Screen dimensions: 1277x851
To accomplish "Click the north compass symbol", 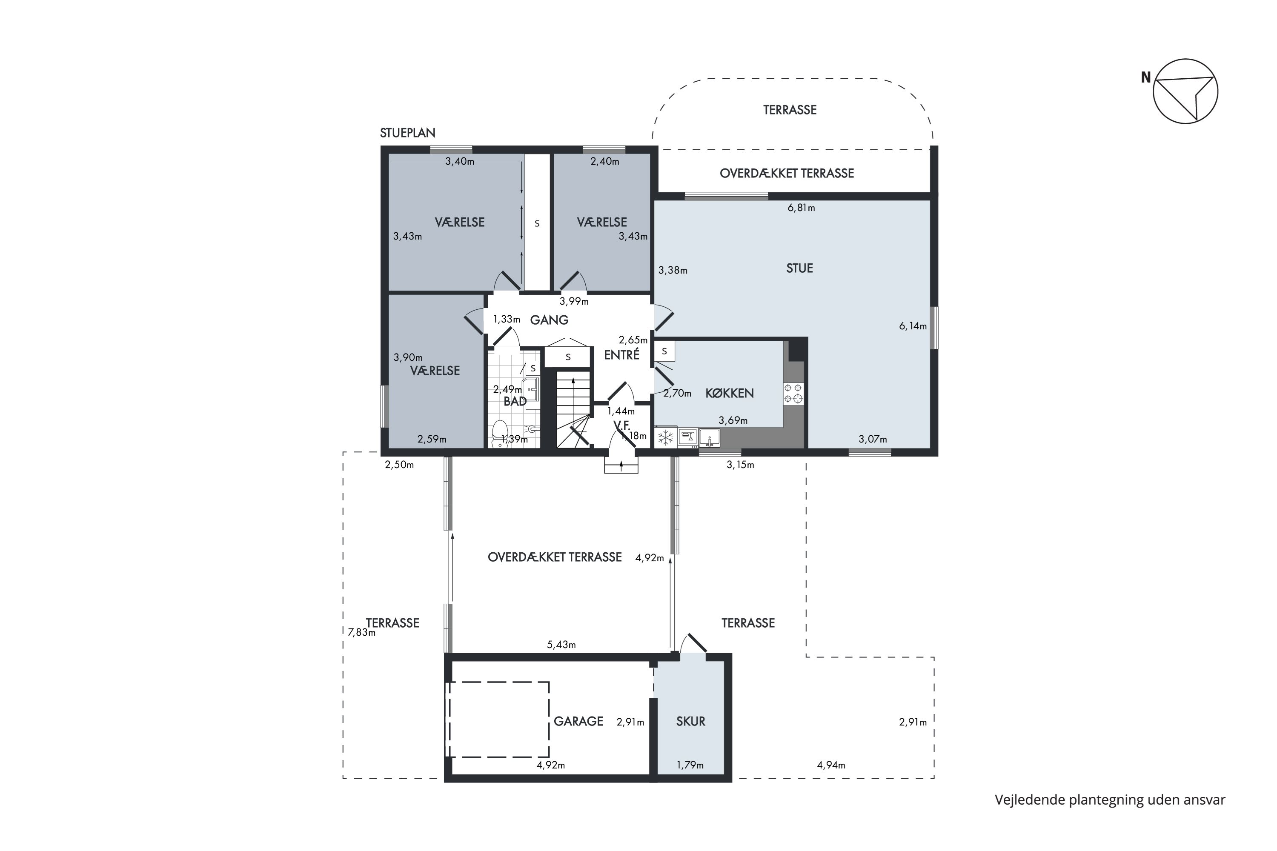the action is pos(1185,91).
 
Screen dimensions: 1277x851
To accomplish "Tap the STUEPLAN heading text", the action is pos(407,133).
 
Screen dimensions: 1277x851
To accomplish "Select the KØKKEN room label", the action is pos(729,393).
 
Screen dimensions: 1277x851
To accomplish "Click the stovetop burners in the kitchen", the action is pos(793,394).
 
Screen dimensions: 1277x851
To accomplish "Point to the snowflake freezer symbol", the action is pos(665,437).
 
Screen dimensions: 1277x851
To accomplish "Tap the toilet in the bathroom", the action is pos(499,434).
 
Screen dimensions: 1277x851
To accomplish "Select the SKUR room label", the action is pos(690,721).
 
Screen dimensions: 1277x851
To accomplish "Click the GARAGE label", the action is pos(578,721).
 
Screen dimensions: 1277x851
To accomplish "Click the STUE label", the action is pos(799,268).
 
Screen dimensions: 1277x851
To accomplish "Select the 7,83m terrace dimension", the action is pos(361,632).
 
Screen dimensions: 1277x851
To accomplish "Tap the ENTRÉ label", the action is pos(621,354).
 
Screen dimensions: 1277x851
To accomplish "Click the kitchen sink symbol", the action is pos(709,437).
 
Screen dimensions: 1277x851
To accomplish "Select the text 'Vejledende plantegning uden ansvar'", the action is pos(1110,800).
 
